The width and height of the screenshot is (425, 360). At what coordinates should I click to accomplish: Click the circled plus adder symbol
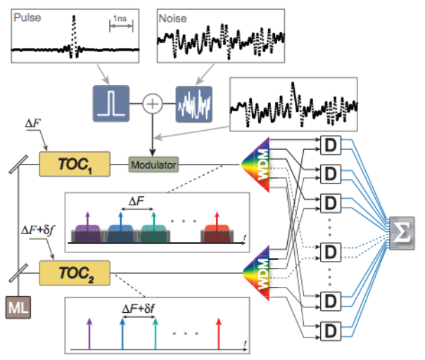[x=153, y=104]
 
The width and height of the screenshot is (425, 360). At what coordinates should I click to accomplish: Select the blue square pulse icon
[x=110, y=104]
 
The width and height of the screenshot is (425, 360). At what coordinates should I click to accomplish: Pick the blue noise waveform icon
[x=194, y=104]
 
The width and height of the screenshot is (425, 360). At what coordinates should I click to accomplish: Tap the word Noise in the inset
[x=175, y=15]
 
